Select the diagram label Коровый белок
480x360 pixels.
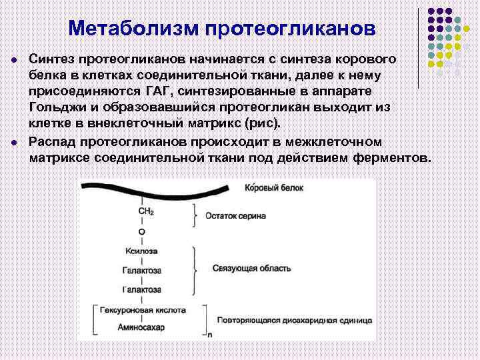274,188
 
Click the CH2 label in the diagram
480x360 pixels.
146,211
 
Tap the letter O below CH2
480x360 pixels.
141,231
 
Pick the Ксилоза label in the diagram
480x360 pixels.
141,251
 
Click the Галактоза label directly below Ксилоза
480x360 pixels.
141,271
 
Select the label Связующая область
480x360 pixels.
251,268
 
